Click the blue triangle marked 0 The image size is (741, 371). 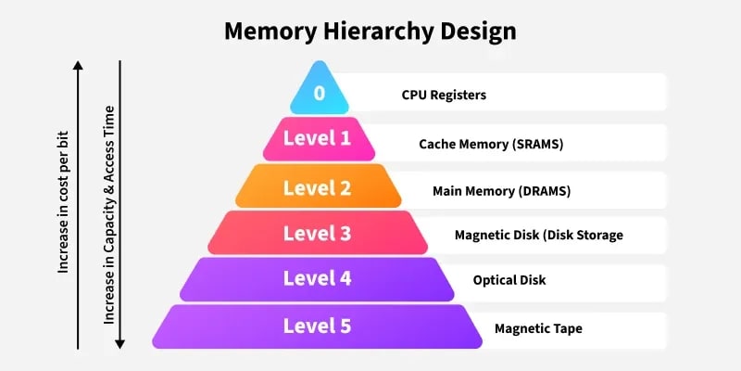(319, 94)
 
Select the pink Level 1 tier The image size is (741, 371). (318, 139)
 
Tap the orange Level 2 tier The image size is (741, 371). (318, 188)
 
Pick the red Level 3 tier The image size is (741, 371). (318, 233)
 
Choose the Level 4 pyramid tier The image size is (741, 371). (318, 278)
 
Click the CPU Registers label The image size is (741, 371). (444, 95)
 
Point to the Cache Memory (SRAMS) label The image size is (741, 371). (491, 144)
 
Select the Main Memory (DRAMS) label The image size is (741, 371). (501, 191)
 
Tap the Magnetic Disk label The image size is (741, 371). (538, 235)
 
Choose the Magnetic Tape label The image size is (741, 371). (538, 328)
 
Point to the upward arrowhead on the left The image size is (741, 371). (79, 66)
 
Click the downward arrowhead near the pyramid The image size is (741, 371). (119, 343)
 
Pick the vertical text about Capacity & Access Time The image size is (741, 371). (109, 214)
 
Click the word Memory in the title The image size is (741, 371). (269, 31)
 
